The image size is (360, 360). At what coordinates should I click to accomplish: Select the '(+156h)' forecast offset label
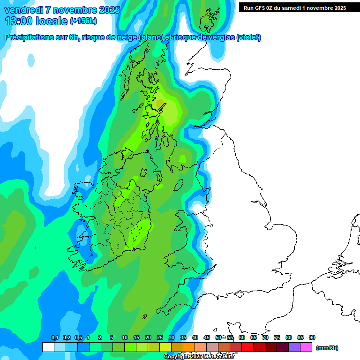tap(83, 21)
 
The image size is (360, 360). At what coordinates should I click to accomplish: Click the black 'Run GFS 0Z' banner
tap(295, 7)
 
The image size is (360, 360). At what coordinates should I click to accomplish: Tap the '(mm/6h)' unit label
tap(327, 348)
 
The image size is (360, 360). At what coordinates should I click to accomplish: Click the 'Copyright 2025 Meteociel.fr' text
tap(199, 357)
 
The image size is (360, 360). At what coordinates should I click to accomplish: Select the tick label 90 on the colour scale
tap(312, 337)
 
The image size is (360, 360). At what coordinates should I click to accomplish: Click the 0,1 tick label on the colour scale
tap(55, 337)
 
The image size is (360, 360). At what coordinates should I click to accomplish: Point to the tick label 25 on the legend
tap(160, 337)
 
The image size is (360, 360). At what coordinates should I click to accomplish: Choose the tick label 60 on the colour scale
tap(242, 337)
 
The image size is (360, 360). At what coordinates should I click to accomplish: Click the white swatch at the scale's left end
tap(48, 347)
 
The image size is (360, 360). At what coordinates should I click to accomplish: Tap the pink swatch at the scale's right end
tap(306, 347)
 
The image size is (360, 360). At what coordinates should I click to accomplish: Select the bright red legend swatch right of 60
tap(247, 347)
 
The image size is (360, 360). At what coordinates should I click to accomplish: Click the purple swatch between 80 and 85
tap(294, 347)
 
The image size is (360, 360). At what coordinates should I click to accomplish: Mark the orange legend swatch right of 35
tap(189, 347)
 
